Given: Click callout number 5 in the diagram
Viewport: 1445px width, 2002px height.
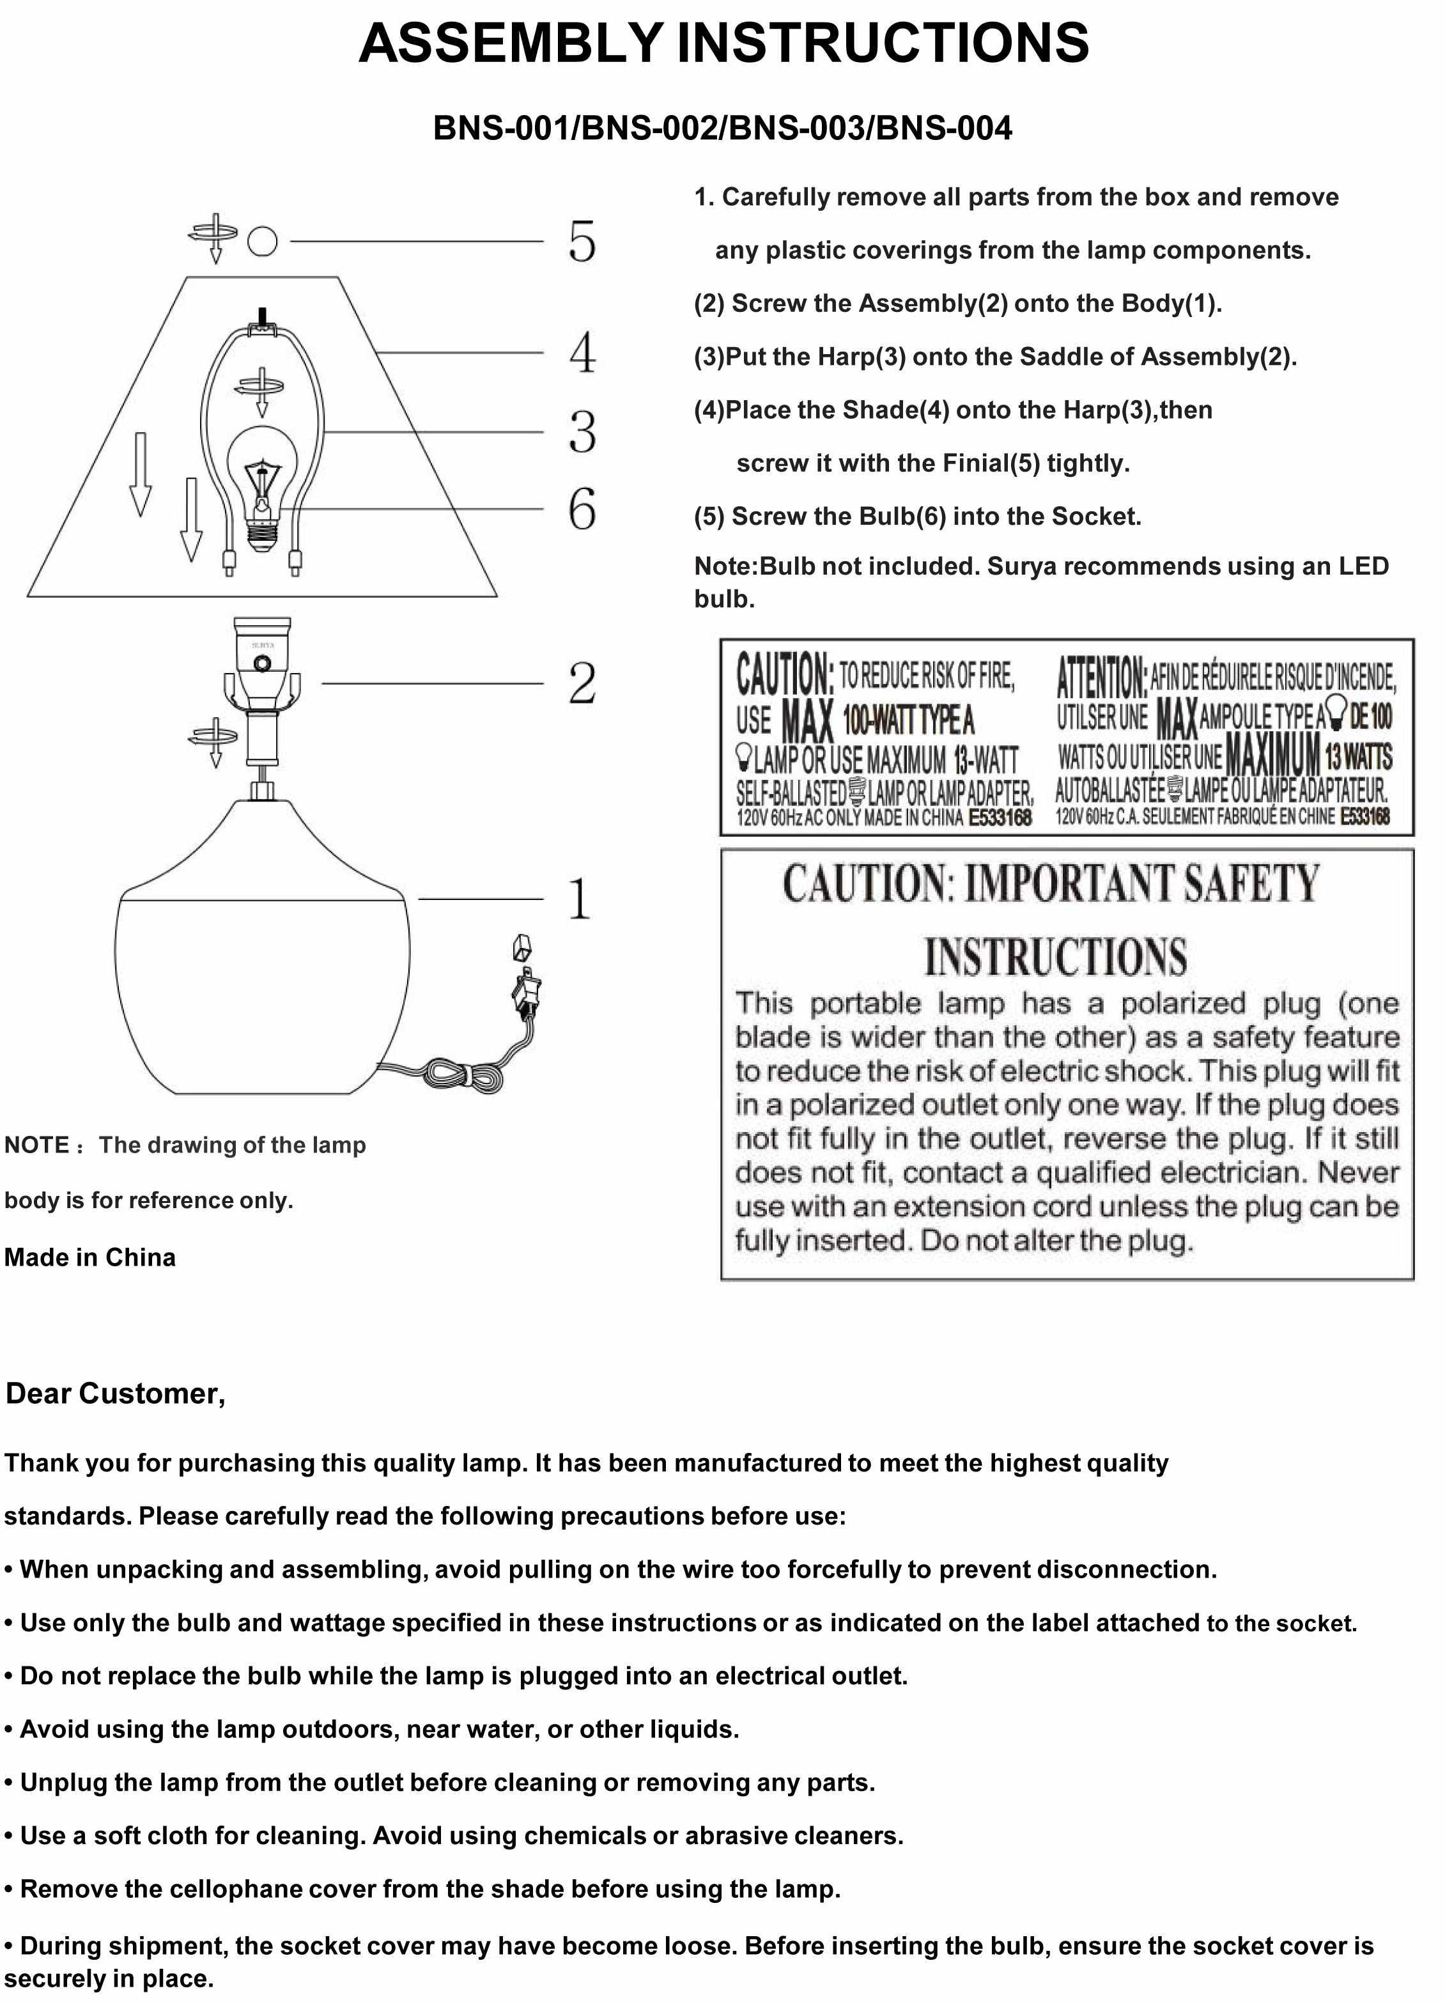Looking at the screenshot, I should pos(582,241).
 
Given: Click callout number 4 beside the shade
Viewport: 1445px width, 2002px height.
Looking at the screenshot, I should pos(582,352).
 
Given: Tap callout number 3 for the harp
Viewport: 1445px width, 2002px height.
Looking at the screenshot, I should pos(582,431).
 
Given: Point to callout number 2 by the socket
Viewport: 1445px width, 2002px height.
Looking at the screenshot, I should pos(582,682).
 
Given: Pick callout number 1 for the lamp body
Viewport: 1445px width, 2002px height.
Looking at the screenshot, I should pos(579,899).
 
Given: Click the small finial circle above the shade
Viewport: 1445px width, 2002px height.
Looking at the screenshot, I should pos(262,241).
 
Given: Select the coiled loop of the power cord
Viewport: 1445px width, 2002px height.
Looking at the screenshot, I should pos(461,1076).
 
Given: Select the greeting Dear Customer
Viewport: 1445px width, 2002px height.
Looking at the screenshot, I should pos(116,1393).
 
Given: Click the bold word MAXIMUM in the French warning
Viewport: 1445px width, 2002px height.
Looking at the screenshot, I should pos(1272,755).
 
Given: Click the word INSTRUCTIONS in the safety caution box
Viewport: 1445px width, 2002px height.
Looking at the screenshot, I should pos(1055,957).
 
